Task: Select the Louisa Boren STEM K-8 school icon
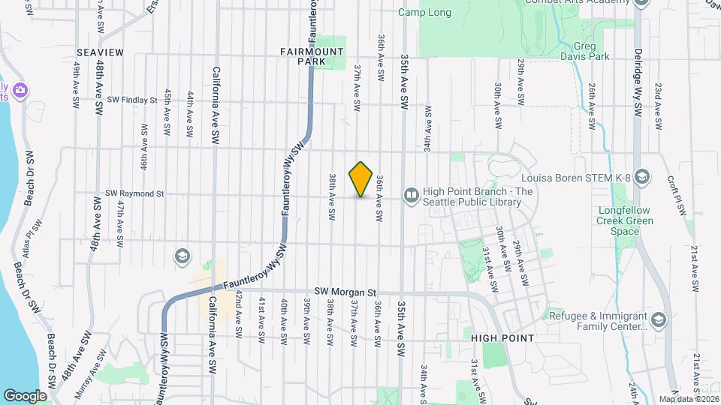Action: tap(641, 177)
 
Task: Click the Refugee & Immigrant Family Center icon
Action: tap(659, 321)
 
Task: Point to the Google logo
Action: tap(25, 395)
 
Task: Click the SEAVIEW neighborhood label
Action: tap(100, 52)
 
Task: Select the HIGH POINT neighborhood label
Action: tap(502, 338)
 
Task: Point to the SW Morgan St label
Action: tap(345, 291)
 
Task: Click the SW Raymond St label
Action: tap(135, 193)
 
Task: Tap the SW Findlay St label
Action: tap(132, 99)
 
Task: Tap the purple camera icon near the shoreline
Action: tap(20, 91)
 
